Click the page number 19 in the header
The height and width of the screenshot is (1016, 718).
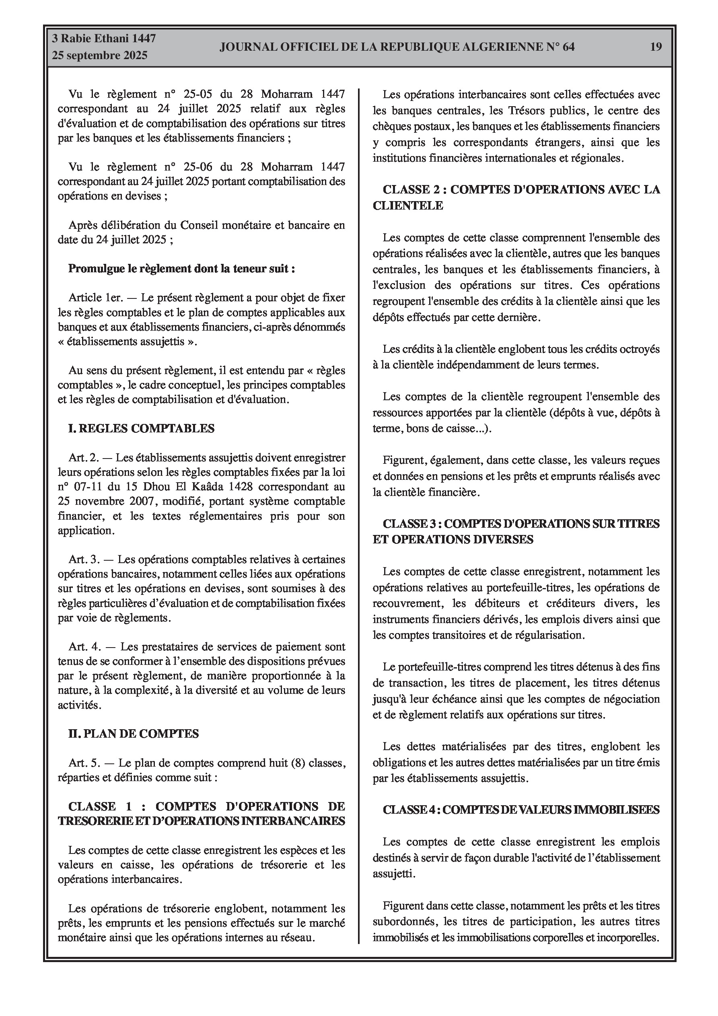[656, 47]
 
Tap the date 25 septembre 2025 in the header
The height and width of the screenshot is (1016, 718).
[100, 56]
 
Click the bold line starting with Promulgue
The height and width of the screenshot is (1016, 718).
[181, 269]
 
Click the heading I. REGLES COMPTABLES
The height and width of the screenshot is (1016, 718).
[141, 428]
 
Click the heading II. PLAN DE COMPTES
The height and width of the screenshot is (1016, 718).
[133, 734]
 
